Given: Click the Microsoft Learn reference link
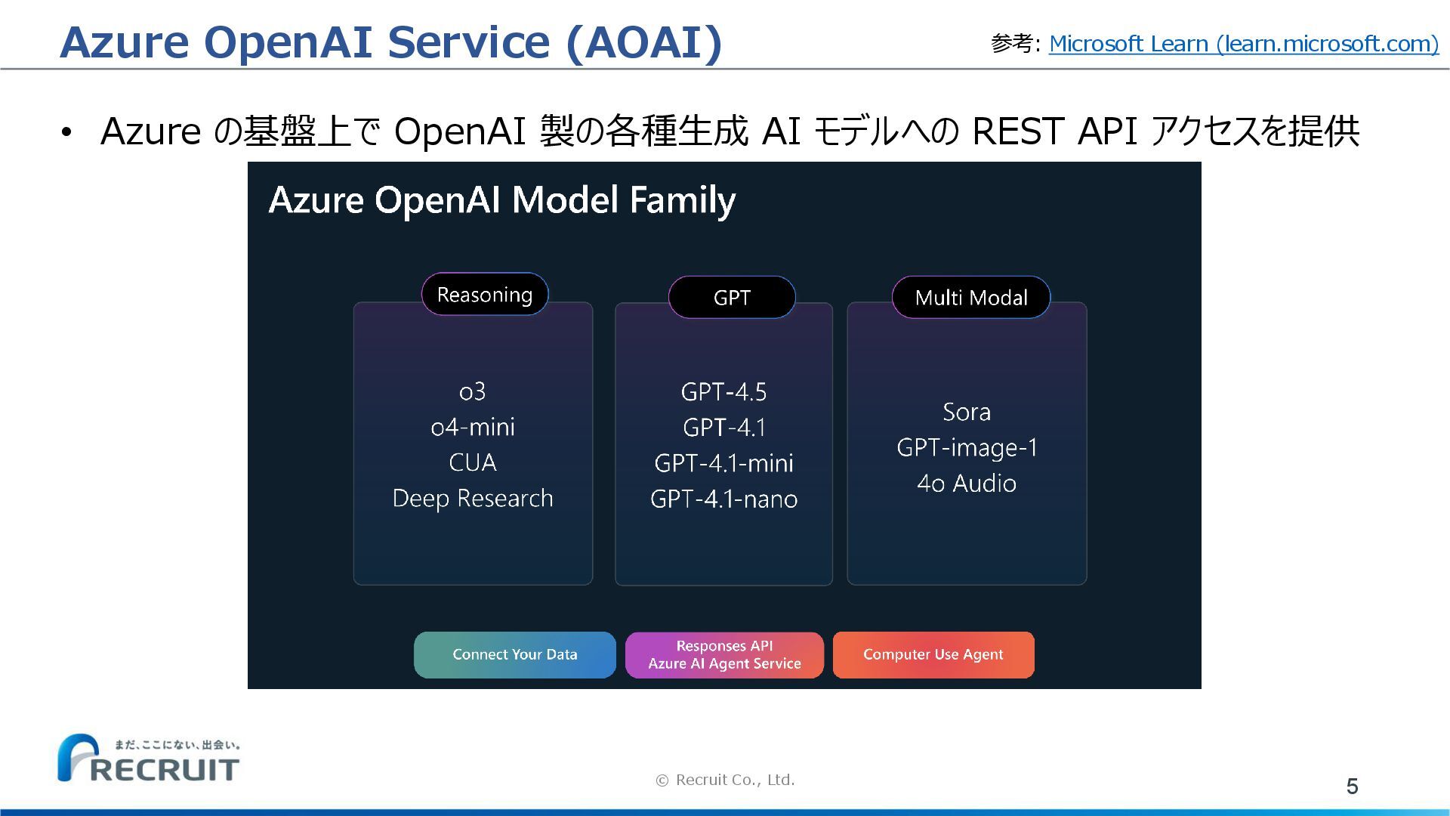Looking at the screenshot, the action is [1244, 44].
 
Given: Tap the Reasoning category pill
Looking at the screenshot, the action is [485, 295].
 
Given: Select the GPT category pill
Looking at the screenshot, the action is [732, 298].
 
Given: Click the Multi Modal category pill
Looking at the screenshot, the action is [971, 298].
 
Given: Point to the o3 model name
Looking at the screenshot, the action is [473, 391].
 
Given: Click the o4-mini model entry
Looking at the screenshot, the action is [473, 427].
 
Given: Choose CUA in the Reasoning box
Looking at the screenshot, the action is [473, 462].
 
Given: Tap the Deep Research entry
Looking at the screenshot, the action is [473, 499].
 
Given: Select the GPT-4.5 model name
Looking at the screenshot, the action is [723, 392].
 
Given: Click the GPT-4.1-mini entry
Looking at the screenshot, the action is [723, 463].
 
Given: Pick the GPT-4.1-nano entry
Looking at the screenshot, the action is [723, 499].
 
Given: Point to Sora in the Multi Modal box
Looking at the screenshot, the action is [967, 412].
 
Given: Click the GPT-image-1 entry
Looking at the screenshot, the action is [967, 448].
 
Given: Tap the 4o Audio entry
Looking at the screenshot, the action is [967, 484].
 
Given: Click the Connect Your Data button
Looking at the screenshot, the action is [515, 655].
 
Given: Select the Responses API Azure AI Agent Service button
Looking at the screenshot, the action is [724, 655].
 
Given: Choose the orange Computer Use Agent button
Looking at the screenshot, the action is [933, 655].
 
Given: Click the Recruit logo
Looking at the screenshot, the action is [149, 758].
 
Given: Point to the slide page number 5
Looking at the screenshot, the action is [1353, 787].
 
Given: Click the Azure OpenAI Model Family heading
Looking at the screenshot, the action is [502, 200].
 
